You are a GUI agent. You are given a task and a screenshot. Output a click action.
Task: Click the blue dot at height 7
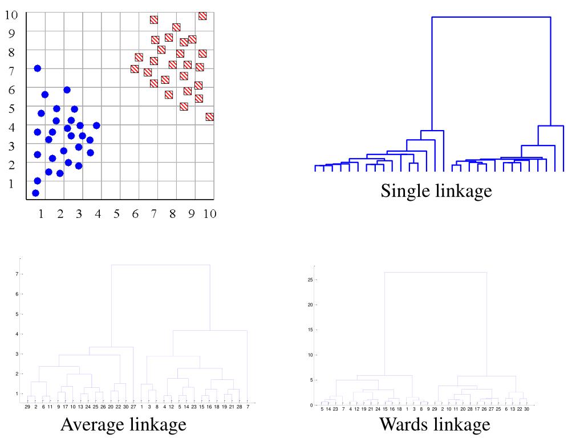[x=38, y=68]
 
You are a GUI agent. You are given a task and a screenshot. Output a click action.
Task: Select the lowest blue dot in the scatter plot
[x=35, y=193]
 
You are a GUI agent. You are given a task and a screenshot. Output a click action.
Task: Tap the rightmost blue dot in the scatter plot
[x=96, y=125]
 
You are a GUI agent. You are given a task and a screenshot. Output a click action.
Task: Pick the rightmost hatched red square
[x=209, y=117]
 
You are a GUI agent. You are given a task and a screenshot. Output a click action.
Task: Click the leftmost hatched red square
[x=135, y=69]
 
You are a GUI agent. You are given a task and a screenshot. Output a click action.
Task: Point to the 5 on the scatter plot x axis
[x=116, y=214]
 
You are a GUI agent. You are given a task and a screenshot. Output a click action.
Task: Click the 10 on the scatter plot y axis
[x=11, y=15]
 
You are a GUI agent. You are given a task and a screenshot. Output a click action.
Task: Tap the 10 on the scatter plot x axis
[x=209, y=214]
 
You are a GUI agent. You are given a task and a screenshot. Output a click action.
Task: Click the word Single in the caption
[x=401, y=191]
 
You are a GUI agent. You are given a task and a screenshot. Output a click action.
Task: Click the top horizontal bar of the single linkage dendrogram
[x=490, y=17]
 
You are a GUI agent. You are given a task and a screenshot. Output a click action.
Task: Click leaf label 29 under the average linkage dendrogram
[x=28, y=407]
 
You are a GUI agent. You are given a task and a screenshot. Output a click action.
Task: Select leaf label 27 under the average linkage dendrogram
[x=133, y=407]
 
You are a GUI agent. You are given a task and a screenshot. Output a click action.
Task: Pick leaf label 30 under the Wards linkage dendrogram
[x=527, y=409]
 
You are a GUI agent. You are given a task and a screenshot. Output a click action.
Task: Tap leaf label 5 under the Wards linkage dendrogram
[x=322, y=409]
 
